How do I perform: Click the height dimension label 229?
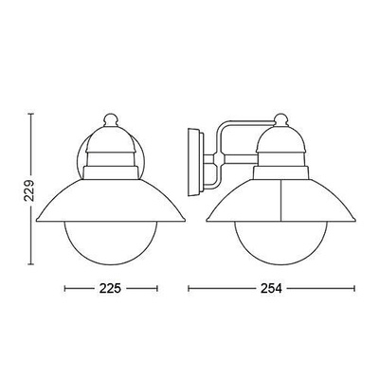coord(29,191)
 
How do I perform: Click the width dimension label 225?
coord(110,288)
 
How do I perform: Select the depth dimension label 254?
coord(271,288)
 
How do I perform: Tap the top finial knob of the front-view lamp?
coord(111,120)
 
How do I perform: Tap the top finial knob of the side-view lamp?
coord(281,119)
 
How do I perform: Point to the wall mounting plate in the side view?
coord(195,162)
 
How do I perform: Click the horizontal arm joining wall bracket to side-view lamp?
coord(241,158)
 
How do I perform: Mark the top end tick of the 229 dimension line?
coord(30,115)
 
